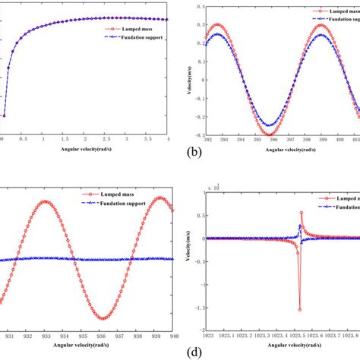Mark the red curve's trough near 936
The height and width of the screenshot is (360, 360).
click(x=102, y=318)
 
